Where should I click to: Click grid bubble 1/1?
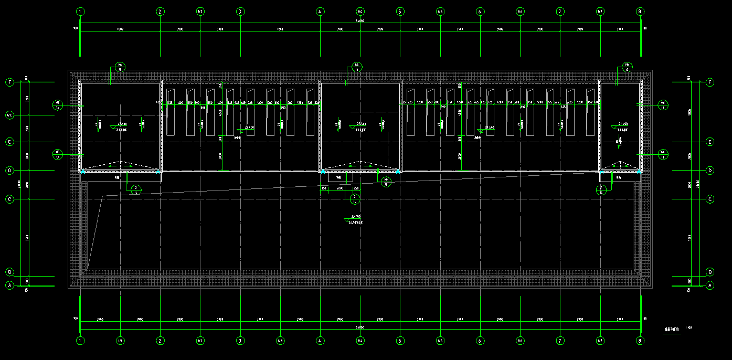[121, 341]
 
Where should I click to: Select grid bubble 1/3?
[280, 341]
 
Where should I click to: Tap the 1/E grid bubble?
[9, 114]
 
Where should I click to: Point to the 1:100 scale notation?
[688, 328]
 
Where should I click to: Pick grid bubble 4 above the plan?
[320, 11]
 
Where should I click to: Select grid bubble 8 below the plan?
[640, 341]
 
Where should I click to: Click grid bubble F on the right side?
[710, 82]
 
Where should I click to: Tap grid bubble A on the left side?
[9, 285]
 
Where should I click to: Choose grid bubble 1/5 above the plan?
[440, 11]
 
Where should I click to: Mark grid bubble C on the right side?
[710, 199]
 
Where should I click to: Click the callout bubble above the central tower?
[357, 67]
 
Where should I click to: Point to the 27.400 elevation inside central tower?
[361, 124]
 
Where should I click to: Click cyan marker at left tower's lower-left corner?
[82, 172]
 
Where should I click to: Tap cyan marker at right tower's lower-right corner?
[639, 172]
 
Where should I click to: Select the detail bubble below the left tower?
[136, 190]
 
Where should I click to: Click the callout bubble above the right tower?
[627, 67]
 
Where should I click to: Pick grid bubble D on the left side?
[9, 171]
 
